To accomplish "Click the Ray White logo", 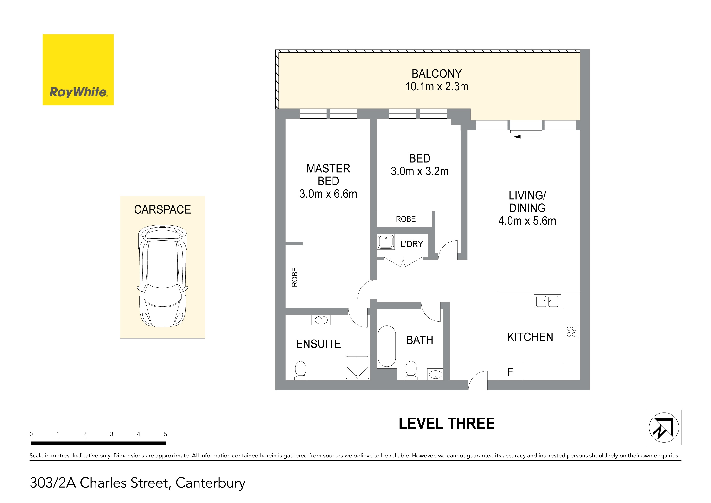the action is tap(78, 70).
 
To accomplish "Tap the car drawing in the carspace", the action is tap(163, 276).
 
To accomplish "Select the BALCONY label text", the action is tap(437, 74).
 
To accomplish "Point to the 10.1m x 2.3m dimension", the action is tap(437, 86).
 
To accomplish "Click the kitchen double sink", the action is tap(547, 301).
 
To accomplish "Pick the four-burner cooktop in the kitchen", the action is tap(572, 331).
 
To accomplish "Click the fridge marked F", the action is tap(510, 372).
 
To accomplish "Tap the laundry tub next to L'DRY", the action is tap(385, 242).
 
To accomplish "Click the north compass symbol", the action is tap(664, 427).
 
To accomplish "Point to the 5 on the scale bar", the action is tap(165, 434).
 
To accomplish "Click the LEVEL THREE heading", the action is tap(447, 424).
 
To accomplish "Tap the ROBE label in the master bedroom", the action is tap(295, 277).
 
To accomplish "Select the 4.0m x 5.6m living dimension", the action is tap(527, 221).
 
